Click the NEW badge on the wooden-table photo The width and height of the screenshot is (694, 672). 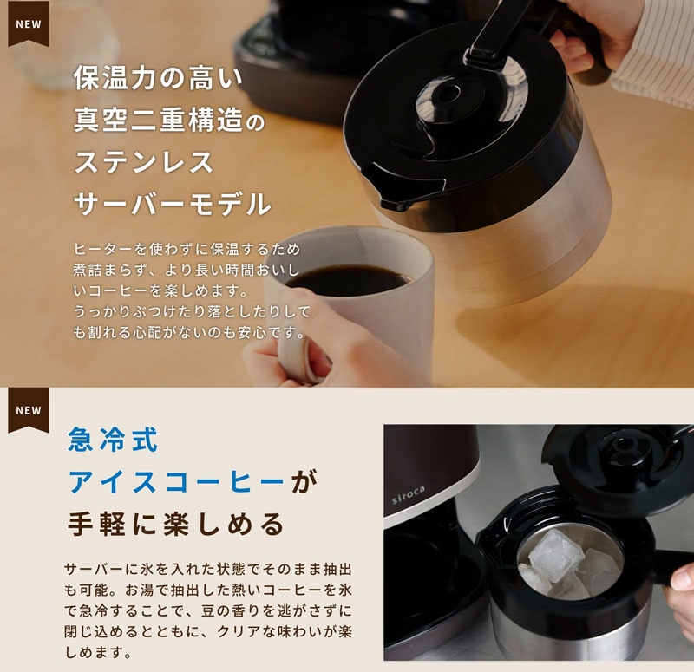pos(29,24)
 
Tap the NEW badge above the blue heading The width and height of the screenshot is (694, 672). pos(29,410)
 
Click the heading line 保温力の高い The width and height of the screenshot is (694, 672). pos(158,78)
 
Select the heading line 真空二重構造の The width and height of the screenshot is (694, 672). pos(168,121)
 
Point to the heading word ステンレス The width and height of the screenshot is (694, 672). pos(144,162)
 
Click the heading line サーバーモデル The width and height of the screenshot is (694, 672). pos(172,204)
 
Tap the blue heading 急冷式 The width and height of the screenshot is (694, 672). pos(113,440)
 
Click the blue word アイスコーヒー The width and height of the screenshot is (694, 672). pos(176,481)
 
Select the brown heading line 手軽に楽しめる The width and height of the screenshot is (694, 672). pos(176,524)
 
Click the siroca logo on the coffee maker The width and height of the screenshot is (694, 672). pos(408,494)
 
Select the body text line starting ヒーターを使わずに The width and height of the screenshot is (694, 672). pos(187,249)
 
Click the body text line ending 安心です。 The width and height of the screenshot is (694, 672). pos(188,332)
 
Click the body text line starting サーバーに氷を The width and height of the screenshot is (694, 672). pos(208,569)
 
